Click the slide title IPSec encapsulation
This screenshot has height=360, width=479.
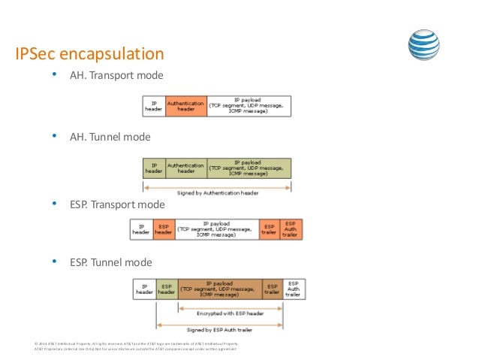90,54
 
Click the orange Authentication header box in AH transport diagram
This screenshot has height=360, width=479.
185,105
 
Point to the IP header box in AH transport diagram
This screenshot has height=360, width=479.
153,105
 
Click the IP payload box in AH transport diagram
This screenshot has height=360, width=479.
249,105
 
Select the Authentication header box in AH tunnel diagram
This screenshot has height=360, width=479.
185,168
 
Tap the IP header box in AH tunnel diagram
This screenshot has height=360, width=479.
153,168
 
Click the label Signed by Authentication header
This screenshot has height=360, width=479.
218,192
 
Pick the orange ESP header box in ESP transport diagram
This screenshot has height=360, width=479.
163,229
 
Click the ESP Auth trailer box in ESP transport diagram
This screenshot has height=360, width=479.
291,229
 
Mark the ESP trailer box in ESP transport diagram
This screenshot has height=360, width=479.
269,229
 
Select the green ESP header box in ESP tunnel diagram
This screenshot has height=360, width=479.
167,289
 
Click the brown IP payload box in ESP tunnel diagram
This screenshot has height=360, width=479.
219,289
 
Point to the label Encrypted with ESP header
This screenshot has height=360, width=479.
219,313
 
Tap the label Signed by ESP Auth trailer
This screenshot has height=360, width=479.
219,329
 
